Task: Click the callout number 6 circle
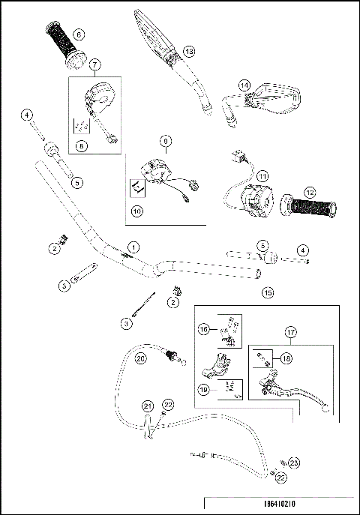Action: (x=79, y=34)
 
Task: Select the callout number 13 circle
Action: (x=188, y=51)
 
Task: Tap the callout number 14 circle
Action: (x=243, y=85)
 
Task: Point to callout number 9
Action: (x=165, y=140)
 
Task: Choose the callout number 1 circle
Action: (x=133, y=247)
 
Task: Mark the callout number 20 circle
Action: (x=139, y=358)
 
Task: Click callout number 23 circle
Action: (x=294, y=463)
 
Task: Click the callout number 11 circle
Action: (x=262, y=175)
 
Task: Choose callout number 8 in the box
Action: (x=81, y=147)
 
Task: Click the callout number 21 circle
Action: (x=145, y=406)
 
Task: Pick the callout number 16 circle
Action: (x=203, y=328)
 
